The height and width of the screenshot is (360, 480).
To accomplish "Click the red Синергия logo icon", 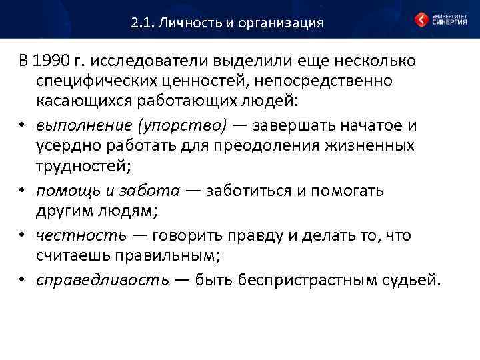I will [x=421, y=19].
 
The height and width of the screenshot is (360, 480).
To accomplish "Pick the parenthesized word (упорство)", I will [x=182, y=125].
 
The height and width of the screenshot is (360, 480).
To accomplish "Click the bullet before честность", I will [x=23, y=235].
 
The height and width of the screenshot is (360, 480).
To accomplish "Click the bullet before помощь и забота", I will [x=23, y=191].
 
